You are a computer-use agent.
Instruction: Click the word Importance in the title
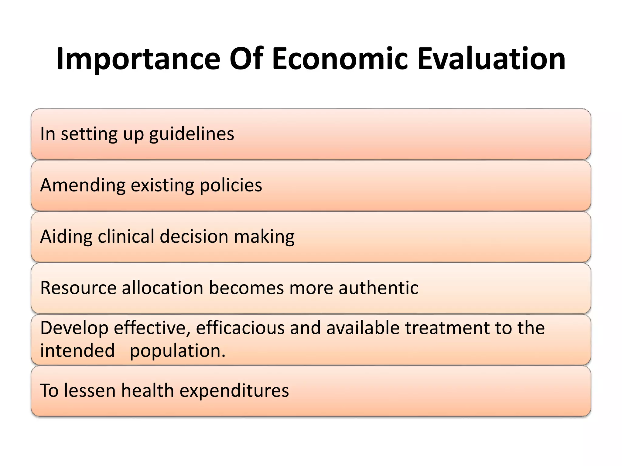coord(138,59)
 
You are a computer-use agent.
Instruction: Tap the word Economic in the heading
coord(340,59)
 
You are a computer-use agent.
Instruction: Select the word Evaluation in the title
coord(491,59)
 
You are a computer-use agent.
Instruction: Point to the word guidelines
coord(192,134)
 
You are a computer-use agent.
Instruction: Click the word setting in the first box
coord(89,134)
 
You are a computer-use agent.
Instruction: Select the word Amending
coord(83,185)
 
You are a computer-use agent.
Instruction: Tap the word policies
coord(231,185)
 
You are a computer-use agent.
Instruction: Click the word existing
coord(162,185)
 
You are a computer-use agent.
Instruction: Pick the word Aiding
coord(66,236)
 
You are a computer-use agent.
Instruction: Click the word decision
coord(194,236)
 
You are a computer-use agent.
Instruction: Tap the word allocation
coord(162,288)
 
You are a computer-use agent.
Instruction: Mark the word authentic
coord(378,288)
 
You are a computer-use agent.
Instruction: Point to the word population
coord(177,351)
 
